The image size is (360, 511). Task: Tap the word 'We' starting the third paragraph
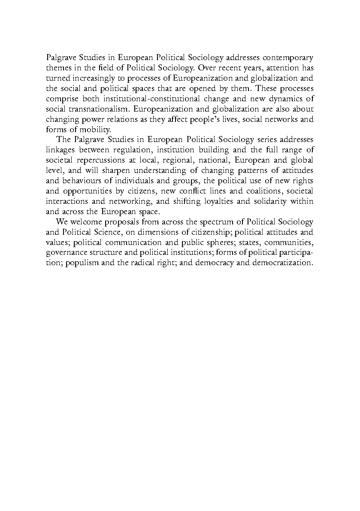[x=61, y=222]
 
